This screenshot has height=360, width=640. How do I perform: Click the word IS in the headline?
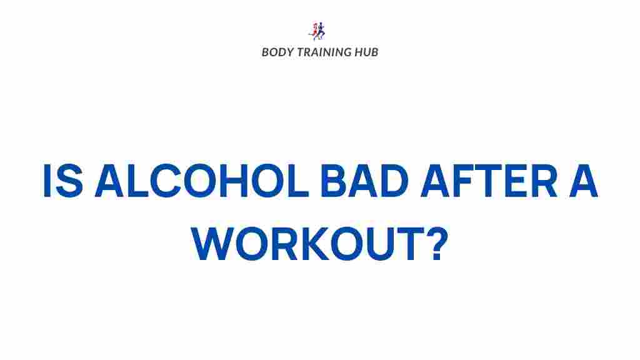point(63,181)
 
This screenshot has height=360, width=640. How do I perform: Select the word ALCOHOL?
point(202,181)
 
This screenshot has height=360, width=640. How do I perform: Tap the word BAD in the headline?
point(364,181)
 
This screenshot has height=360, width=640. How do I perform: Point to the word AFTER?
point(489,181)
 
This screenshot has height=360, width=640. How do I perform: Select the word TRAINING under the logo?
point(323,52)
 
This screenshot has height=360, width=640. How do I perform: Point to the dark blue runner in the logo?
point(321,31)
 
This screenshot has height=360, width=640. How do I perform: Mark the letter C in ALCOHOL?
point(166,181)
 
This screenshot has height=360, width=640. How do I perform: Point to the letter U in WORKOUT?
point(379,244)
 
